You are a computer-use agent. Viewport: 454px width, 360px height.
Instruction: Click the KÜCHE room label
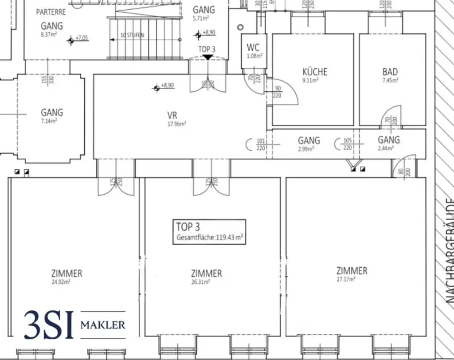pos(315,72)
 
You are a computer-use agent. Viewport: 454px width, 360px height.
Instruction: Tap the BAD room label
pos(390,72)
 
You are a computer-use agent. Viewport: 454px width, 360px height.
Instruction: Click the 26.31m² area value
pos(201,281)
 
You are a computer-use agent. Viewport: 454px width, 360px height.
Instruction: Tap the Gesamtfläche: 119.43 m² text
pos(209,238)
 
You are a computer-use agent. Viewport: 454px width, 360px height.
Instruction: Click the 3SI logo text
pos(49,325)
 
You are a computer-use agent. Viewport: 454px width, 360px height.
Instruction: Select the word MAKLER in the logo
pos(102,325)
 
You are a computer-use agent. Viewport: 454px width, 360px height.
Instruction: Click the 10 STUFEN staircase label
pos(132,35)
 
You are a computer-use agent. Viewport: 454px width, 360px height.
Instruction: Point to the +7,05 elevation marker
pos(82,39)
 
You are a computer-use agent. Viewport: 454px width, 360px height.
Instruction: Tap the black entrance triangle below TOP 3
pos(207,57)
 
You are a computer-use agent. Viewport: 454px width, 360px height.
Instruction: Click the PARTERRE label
pos(51,12)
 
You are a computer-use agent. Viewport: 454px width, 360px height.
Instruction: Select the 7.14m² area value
pos(52,121)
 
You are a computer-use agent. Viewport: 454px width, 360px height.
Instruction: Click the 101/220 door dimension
pos(261,145)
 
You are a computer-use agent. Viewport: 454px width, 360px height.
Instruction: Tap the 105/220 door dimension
pos(348,145)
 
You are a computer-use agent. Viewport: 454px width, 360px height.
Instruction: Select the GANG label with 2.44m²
pos(388,140)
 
